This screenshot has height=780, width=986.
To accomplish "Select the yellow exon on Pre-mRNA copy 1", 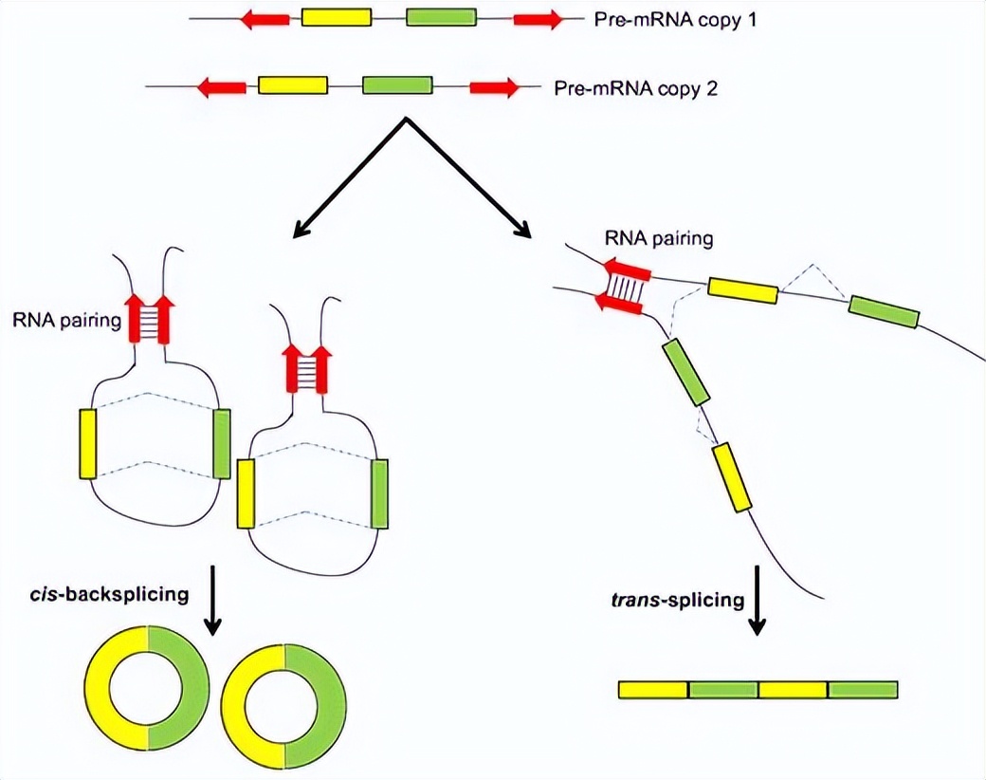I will click(336, 18).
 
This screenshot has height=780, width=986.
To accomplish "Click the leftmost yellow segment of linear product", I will click(653, 689).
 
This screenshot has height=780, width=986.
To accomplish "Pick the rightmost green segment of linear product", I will click(863, 689).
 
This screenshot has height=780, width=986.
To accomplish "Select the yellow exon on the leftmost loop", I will click(88, 444).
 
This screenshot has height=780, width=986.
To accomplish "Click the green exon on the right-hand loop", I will click(380, 492).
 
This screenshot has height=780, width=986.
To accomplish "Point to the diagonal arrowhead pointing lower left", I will click(302, 228).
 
